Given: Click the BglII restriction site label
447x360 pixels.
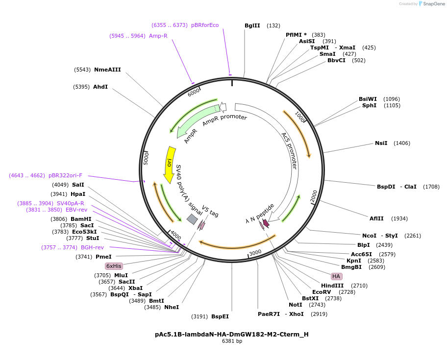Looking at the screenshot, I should [252, 25].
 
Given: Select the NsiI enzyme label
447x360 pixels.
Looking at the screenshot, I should [381, 143].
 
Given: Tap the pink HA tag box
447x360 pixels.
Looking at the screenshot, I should [336, 276].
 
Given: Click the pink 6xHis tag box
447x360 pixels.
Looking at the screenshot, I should [114, 266].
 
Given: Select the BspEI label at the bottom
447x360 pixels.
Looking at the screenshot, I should [220, 316].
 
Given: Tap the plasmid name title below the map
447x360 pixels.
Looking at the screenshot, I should [232, 335].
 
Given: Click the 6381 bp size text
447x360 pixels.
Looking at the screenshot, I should [232, 341].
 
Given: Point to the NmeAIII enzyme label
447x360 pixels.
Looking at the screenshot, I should [107, 70].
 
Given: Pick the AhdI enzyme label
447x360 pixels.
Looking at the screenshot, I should [100, 87].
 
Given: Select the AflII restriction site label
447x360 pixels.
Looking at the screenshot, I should [377, 218].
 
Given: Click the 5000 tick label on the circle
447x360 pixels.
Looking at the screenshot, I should [146, 158].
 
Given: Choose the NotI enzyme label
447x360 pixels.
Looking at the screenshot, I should [296, 305].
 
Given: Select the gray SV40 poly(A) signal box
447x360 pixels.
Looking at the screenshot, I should [192, 220].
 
